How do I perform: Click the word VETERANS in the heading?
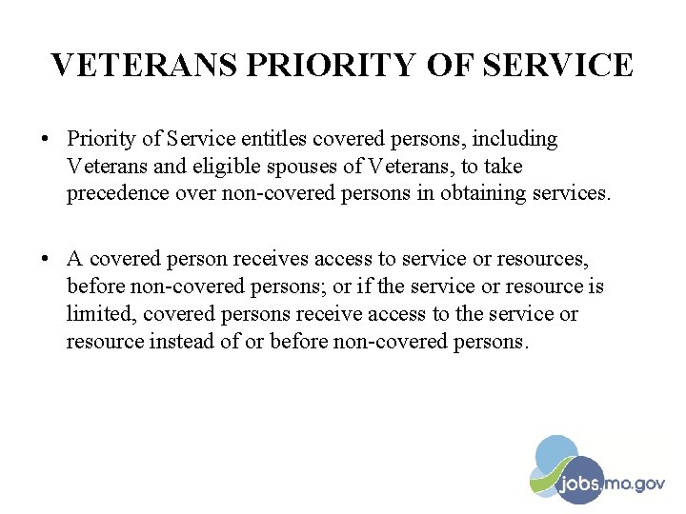[145, 65]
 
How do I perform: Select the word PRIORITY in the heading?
[330, 65]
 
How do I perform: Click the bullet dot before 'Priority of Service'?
[46, 140]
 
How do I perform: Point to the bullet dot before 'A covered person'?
[46, 260]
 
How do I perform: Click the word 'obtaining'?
[484, 194]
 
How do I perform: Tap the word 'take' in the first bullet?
[503, 167]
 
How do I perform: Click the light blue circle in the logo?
[556, 453]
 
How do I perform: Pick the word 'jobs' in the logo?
[579, 484]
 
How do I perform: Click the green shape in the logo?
[543, 480]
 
